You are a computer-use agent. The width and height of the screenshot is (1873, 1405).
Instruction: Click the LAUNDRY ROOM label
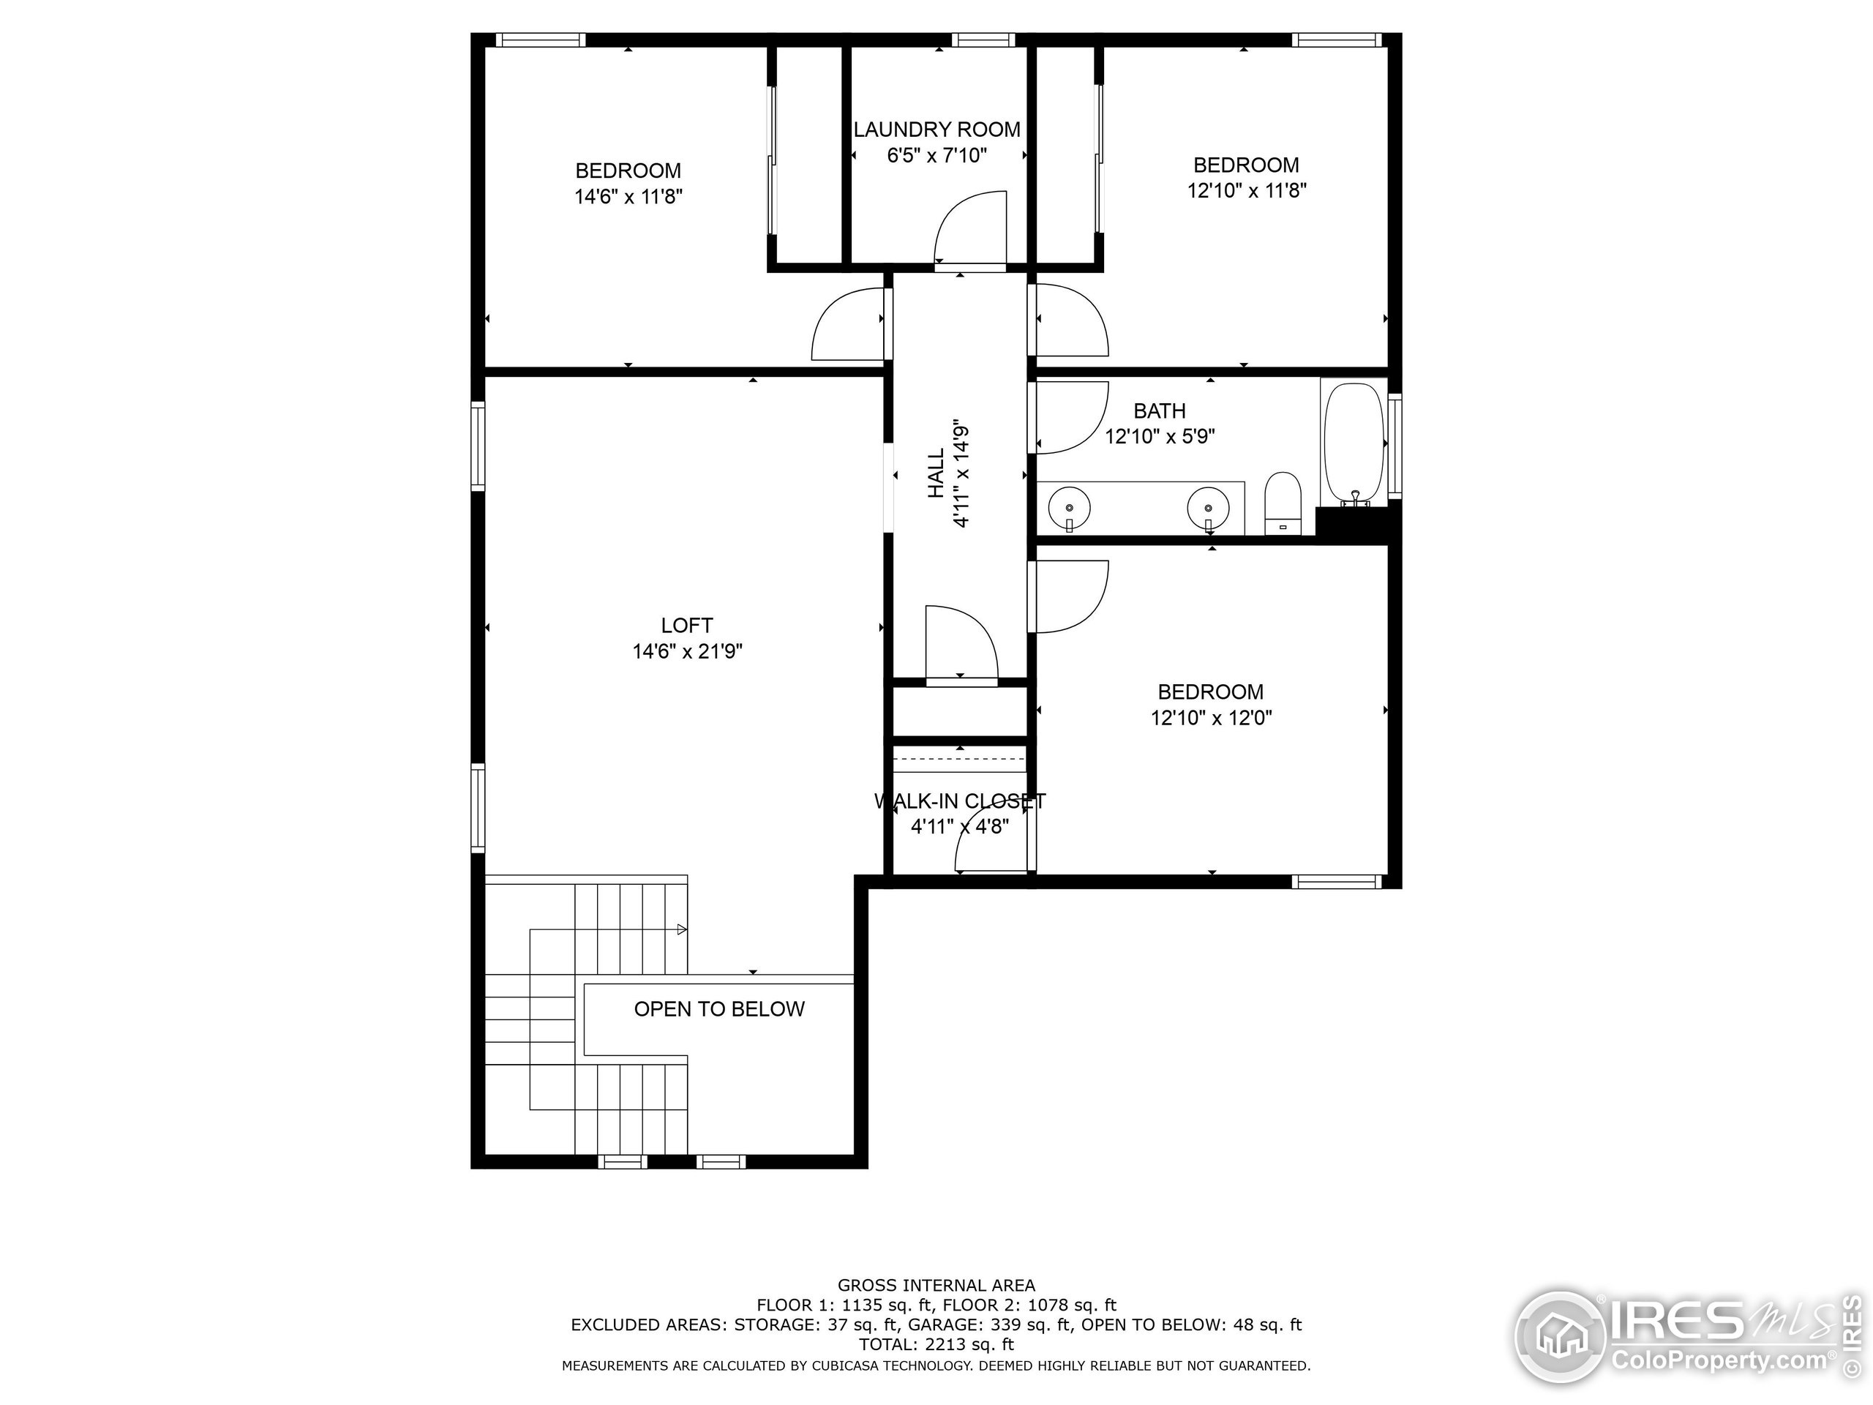tap(936, 130)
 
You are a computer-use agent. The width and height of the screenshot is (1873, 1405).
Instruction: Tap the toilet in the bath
tap(1282, 504)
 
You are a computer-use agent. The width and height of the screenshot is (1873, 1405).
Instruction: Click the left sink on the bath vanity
tap(1069, 508)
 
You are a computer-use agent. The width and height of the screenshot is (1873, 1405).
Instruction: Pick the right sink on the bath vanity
tap(1207, 508)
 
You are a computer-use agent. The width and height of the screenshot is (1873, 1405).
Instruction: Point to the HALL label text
tap(936, 473)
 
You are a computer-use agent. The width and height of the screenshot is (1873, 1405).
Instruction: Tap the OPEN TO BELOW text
tap(719, 1008)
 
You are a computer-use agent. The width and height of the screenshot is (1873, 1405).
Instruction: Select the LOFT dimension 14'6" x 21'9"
tap(687, 651)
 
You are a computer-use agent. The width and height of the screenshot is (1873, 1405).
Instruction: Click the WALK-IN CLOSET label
tap(959, 801)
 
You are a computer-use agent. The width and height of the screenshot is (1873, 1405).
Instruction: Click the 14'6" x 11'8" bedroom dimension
tap(628, 196)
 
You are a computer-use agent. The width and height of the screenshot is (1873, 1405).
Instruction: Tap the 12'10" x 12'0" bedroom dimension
tap(1211, 718)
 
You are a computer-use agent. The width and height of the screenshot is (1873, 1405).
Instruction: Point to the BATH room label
tap(1159, 411)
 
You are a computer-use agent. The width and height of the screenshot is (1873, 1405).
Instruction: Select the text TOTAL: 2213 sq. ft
tap(936, 1344)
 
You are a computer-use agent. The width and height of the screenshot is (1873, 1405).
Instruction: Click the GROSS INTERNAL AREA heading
tap(936, 1286)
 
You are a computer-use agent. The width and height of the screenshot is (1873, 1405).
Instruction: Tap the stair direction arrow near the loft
tap(682, 930)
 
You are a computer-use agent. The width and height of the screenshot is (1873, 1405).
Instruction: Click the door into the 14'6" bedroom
tap(849, 324)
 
